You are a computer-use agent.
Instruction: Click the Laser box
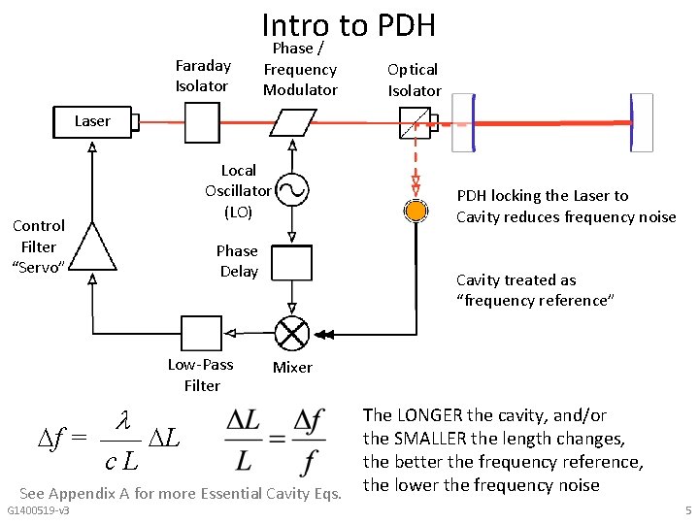[92, 122]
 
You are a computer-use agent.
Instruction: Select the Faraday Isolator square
[202, 122]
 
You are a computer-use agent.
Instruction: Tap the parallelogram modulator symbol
[293, 122]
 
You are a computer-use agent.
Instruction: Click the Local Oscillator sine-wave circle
[292, 190]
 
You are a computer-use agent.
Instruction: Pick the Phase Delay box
[292, 262]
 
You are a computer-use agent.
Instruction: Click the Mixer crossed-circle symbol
[292, 333]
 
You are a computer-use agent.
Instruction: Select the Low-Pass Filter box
[202, 333]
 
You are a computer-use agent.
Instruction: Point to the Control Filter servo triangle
[92, 246]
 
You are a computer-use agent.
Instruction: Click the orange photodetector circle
[416, 211]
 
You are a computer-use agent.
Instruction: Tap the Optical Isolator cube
[416, 122]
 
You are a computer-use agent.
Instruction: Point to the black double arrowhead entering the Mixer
[324, 335]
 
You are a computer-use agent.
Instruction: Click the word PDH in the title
[406, 25]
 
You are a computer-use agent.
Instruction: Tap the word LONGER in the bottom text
[429, 415]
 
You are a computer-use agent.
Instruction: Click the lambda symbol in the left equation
[123, 420]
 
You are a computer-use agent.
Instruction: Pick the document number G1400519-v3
[38, 510]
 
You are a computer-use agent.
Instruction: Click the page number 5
[688, 510]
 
